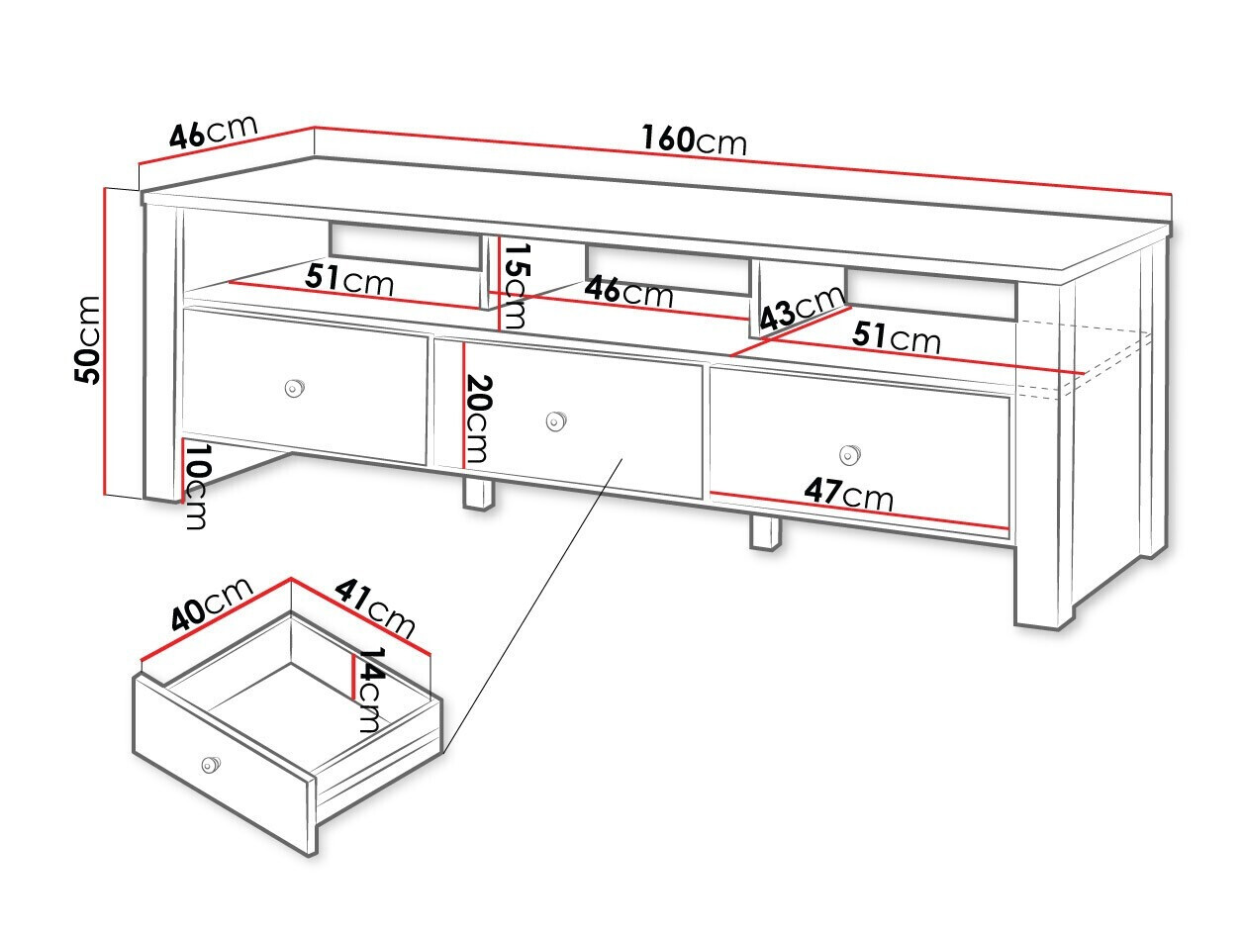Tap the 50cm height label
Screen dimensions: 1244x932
coord(88,340)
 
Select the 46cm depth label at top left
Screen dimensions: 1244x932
coord(214,132)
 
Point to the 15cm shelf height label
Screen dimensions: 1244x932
coord(516,286)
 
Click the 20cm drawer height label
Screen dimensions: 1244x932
coord(478,419)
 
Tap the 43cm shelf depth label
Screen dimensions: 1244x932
coord(802,310)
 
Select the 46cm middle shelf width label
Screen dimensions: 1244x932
coord(628,291)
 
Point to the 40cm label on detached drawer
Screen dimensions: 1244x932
coord(212,604)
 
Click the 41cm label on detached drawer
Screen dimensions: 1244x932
coord(375,608)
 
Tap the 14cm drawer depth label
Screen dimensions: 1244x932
coord(372,691)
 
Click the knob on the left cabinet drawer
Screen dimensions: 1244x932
coord(294,388)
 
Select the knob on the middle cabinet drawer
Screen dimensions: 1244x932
coord(556,420)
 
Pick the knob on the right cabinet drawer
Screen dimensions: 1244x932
coord(849,455)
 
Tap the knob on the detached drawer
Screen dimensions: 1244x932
coord(210,764)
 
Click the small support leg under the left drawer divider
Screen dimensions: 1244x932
coord(478,495)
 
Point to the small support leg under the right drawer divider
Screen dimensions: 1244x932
coord(765,533)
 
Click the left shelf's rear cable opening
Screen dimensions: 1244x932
coord(405,246)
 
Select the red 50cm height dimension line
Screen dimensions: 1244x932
coord(105,341)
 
